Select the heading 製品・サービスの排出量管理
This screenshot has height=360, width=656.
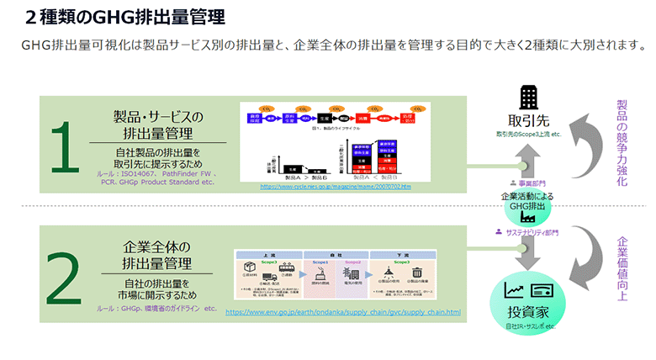159,124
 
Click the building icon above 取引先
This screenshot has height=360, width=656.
529,97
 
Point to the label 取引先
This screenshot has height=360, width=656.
528,119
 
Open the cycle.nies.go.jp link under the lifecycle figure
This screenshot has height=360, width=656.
336,186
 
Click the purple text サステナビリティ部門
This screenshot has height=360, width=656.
526,232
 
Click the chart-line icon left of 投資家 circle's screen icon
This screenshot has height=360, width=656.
513,290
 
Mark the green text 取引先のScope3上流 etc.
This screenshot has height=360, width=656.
528,134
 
